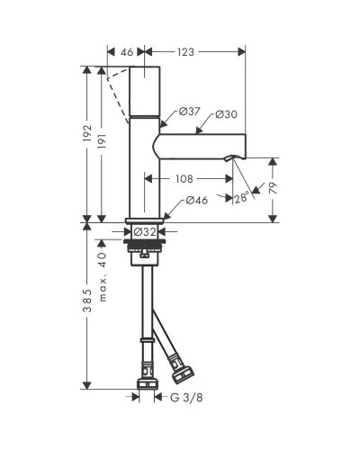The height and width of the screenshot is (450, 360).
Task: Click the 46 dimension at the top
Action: point(127,52)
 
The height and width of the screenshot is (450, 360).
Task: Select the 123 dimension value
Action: point(185,52)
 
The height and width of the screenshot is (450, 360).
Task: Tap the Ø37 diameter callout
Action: point(189,112)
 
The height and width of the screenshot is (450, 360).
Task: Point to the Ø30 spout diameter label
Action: point(227,114)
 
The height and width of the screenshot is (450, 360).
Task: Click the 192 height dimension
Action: point(87,133)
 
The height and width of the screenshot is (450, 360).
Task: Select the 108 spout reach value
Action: point(184,179)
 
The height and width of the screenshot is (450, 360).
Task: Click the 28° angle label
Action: point(241,198)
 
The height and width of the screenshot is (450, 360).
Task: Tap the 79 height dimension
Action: point(274,188)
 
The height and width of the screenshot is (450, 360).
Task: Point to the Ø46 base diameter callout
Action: point(197,200)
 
